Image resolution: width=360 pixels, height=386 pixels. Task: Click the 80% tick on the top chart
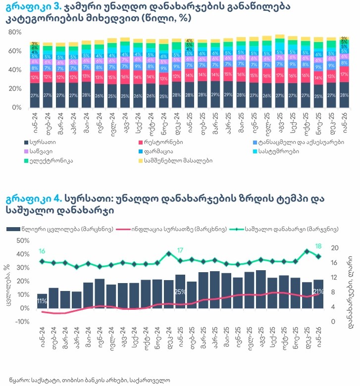pyautogui.click(x=15, y=32)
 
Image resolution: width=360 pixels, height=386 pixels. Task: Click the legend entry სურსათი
pyautogui.click(x=41, y=142)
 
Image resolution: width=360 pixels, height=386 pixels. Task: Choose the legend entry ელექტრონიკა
pyautogui.click(x=49, y=160)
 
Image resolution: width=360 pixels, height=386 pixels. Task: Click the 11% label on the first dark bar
pyautogui.click(x=42, y=301)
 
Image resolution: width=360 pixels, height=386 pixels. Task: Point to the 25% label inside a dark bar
pyautogui.click(x=180, y=291)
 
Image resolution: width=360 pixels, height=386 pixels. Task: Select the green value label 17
pyautogui.click(x=181, y=250)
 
